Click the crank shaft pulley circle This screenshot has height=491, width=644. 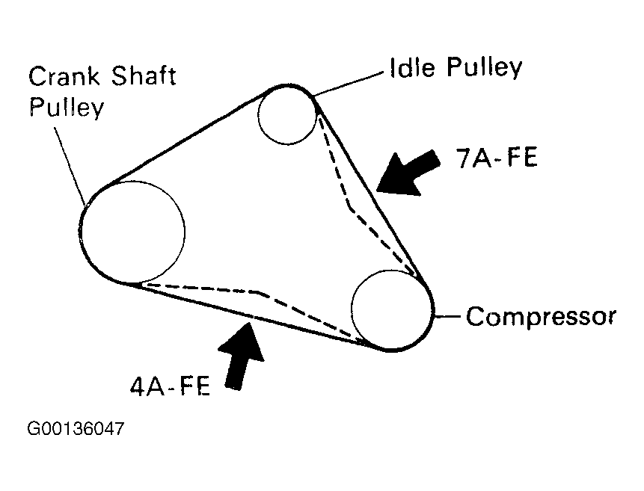pyautogui.click(x=133, y=232)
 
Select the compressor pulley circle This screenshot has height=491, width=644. pyautogui.click(x=391, y=309)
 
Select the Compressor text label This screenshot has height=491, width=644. pyautogui.click(x=541, y=316)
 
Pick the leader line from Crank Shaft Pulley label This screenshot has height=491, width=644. pyautogui.click(x=69, y=161)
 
